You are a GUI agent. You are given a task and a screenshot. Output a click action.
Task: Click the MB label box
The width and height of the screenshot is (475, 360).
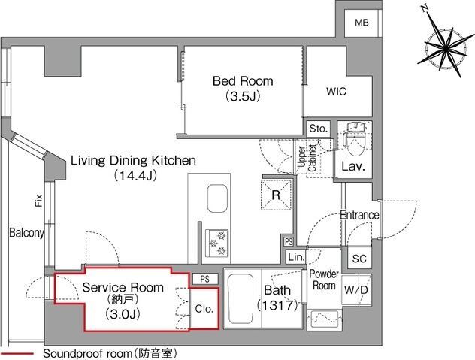362,23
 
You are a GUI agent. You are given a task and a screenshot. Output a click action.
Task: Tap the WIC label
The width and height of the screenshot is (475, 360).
336,92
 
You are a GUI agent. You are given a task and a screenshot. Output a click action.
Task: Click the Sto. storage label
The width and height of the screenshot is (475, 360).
319,129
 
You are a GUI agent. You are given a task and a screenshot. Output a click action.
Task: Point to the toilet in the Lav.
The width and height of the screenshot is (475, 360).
355,139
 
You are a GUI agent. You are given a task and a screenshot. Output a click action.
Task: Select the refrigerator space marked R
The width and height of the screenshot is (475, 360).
276,195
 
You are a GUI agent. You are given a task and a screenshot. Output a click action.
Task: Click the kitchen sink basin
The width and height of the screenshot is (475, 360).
217,198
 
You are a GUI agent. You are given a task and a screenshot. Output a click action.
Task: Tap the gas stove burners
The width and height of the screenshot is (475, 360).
216,244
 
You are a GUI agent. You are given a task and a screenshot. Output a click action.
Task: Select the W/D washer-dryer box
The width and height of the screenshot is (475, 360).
356,290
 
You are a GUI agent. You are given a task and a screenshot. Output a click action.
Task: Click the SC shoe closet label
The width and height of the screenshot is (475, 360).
359,259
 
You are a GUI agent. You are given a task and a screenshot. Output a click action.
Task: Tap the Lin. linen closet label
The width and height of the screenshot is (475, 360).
296,257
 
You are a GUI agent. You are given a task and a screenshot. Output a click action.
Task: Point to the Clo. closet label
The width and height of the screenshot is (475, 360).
204,309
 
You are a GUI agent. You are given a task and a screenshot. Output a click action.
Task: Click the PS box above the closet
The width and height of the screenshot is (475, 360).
205,279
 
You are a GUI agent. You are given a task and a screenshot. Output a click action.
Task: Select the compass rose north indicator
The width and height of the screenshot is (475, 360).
445,46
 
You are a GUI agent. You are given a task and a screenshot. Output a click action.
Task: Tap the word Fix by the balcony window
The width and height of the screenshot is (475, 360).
38,201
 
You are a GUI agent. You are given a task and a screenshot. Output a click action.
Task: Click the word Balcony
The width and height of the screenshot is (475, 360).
26,233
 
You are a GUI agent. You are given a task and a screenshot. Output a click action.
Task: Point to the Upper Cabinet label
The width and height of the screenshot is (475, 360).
307,158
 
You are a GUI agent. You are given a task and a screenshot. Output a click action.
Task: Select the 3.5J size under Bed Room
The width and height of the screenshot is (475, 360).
243,96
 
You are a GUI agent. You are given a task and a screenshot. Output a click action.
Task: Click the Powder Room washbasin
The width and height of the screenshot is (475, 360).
325,319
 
